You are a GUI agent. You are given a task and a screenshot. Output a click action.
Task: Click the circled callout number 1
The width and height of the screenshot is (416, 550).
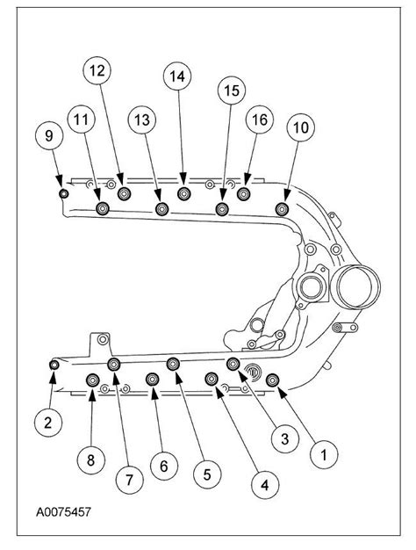click(323, 454)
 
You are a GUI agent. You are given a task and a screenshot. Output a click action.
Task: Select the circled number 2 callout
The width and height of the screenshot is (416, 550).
click(47, 423)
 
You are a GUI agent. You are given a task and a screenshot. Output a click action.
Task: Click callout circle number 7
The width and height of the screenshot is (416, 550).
click(129, 480)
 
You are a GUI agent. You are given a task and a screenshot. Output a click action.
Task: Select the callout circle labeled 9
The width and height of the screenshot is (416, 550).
click(48, 135)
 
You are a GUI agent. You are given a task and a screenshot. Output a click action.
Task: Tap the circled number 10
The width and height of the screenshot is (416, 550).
click(300, 127)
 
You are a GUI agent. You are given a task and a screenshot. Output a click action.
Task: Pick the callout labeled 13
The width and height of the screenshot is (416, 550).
click(141, 119)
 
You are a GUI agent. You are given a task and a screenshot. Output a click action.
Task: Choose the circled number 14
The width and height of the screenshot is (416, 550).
click(178, 77)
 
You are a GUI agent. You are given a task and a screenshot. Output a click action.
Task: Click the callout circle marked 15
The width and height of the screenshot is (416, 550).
click(230, 90)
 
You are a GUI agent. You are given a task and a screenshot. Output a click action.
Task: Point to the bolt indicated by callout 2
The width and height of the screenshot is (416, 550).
click(54, 365)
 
